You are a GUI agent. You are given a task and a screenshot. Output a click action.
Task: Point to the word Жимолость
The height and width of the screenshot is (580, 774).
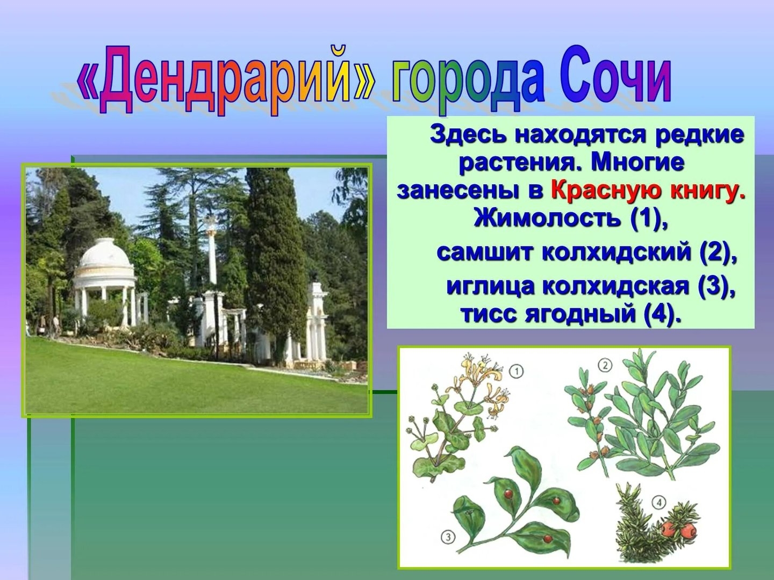[x=547, y=218]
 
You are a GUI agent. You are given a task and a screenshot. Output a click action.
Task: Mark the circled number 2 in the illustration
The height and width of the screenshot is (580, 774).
[x=605, y=366]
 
